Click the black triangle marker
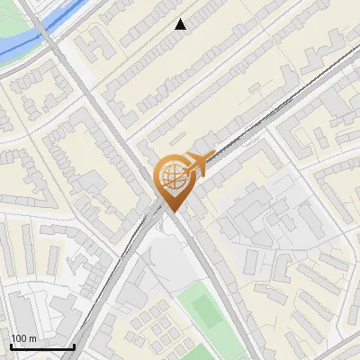(181, 24)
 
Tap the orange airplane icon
(197, 163)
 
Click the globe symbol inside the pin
(171, 177)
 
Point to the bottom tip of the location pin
(171, 211)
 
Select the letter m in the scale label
(32, 338)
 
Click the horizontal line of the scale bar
(41, 346)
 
